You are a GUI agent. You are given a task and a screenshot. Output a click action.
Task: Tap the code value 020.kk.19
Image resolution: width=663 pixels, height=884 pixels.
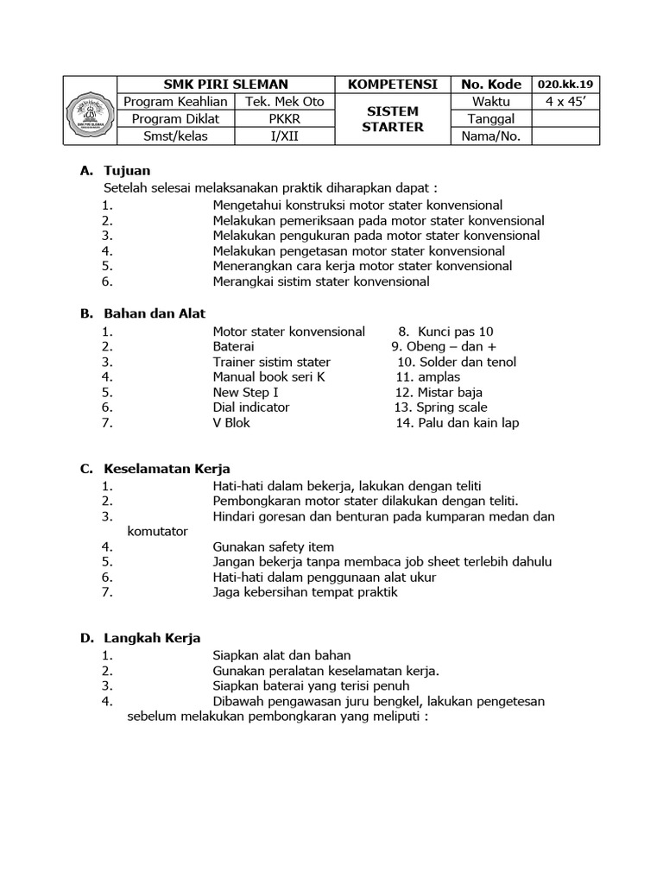click(565, 85)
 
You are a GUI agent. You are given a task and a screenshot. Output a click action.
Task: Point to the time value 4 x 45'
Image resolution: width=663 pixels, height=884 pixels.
click(565, 102)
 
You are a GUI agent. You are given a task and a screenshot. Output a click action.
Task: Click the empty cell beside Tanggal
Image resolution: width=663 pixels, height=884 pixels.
click(565, 119)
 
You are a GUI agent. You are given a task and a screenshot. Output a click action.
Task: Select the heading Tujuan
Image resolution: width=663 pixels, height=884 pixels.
click(127, 171)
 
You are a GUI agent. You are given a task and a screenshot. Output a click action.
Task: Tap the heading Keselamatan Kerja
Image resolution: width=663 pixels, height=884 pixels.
click(167, 469)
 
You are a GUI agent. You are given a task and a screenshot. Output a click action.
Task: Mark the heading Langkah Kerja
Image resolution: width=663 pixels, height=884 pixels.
click(152, 638)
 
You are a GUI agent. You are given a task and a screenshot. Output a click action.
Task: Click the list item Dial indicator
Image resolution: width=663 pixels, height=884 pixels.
click(251, 407)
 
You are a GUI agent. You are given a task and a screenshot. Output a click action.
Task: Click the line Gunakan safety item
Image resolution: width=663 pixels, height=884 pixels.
click(273, 546)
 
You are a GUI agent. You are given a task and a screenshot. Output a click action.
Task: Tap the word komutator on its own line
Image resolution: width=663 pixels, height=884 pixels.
click(157, 532)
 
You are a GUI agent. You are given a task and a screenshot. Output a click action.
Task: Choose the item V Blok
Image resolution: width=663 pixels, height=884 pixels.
click(231, 423)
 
